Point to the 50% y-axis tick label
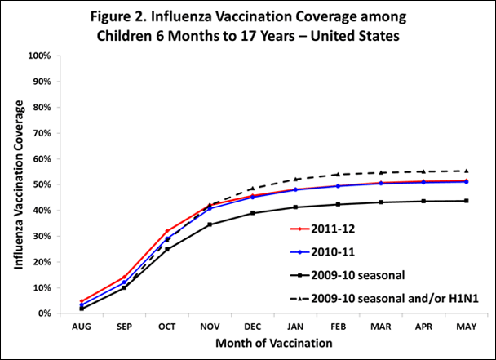[42, 184]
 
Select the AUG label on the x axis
[82, 325]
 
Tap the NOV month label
[210, 325]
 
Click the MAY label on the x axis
[466, 325]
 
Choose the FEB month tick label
[338, 325]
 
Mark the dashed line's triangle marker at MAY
[466, 171]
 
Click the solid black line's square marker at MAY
[466, 201]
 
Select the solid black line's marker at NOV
[210, 224]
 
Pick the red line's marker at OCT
[167, 231]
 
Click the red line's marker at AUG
[82, 301]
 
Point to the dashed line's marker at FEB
[338, 174]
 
